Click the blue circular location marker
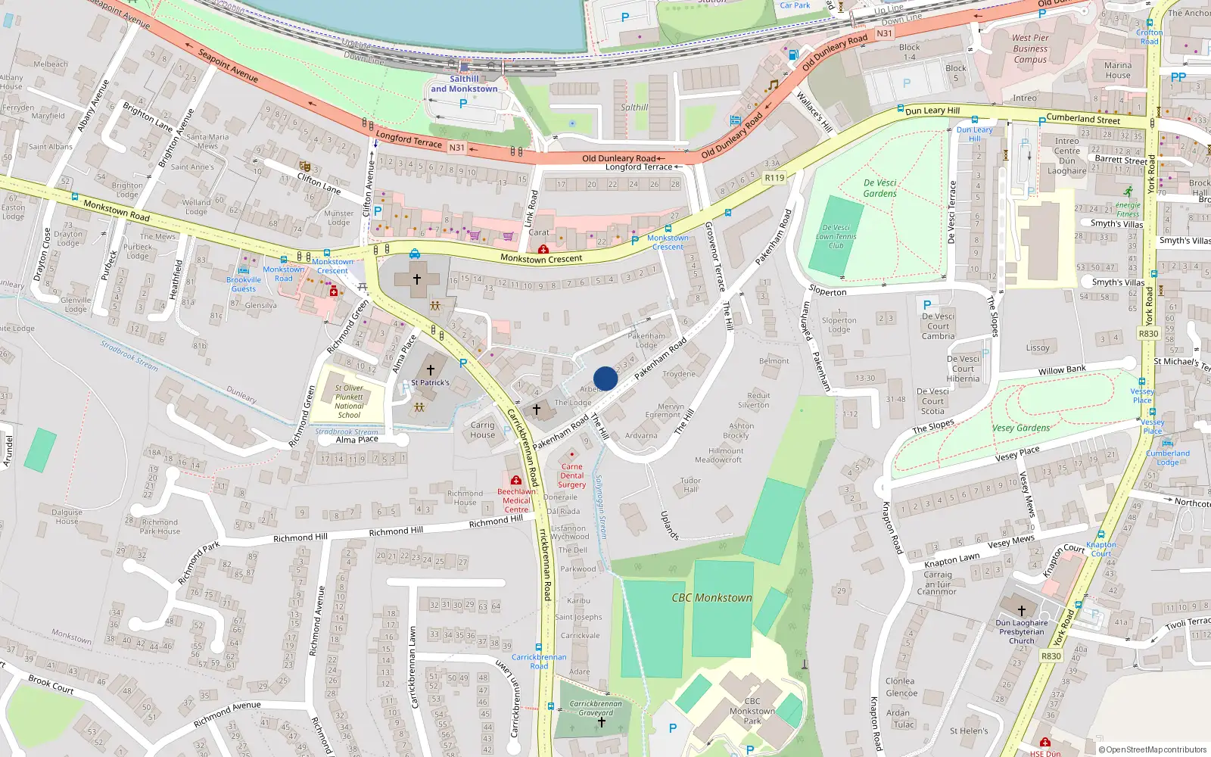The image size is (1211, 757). [x=605, y=378]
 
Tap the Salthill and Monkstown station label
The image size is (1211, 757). [x=464, y=84]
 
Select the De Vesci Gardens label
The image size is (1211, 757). [x=880, y=188]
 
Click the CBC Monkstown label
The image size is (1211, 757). [x=711, y=598]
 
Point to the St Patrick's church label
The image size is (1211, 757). [x=430, y=382]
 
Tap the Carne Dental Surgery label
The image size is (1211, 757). [x=572, y=476]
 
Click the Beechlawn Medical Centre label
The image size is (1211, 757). [x=516, y=500]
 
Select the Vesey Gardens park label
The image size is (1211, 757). [x=1021, y=428]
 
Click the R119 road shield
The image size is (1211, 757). [x=774, y=178]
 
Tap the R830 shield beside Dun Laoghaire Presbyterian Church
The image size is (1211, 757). [x=1051, y=656]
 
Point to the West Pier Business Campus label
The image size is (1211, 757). [x=1030, y=48]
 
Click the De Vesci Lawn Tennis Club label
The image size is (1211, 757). [x=836, y=236]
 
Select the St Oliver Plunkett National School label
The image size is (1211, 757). [x=349, y=401]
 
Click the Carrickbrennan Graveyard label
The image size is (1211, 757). [x=596, y=708]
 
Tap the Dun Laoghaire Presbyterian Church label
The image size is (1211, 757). [x=1021, y=632]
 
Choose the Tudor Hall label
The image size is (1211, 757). [x=690, y=485]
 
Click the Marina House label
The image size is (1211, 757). [x=1117, y=70]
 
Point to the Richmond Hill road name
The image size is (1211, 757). [x=396, y=531]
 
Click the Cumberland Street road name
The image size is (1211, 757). [x=1082, y=120]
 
